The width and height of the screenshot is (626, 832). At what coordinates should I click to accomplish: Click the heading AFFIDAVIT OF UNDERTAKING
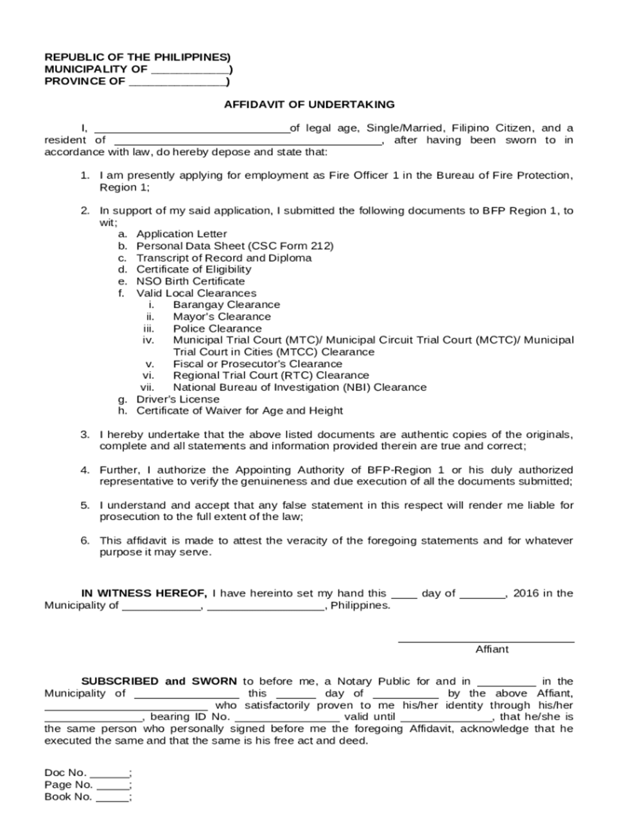click(x=309, y=104)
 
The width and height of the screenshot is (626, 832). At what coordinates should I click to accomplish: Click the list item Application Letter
click(x=182, y=234)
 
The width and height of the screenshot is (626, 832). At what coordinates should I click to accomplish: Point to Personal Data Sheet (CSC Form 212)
click(x=234, y=246)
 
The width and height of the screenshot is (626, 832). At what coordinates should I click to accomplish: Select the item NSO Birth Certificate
click(x=190, y=281)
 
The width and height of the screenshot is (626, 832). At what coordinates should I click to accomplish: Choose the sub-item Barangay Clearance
click(x=226, y=305)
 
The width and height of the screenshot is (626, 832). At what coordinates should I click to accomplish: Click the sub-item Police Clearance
click(x=217, y=329)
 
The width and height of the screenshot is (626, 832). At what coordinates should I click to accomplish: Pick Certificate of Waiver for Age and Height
click(x=239, y=411)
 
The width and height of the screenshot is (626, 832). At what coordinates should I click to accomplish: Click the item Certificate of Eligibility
click(x=193, y=270)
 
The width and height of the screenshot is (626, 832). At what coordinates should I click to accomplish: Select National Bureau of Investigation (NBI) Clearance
click(x=299, y=388)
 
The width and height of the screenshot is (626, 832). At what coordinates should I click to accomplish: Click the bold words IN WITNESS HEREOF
click(x=144, y=593)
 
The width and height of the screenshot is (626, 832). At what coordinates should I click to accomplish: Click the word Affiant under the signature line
click(x=492, y=650)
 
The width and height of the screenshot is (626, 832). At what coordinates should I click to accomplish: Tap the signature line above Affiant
click(x=486, y=641)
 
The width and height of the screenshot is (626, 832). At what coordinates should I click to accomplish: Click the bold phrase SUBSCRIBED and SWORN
click(x=159, y=681)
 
